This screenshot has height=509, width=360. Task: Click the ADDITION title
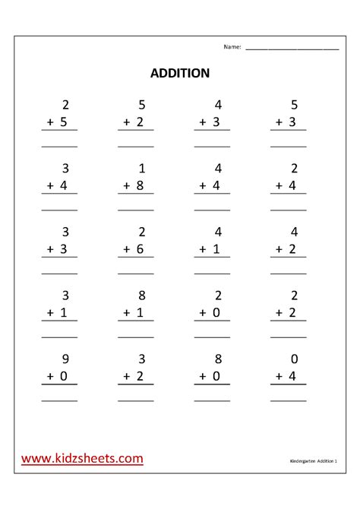179,74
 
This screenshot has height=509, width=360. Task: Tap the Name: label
232,47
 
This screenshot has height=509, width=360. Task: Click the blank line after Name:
292,49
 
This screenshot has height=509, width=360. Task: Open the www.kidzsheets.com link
82,458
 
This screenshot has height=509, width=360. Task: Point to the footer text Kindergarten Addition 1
314,461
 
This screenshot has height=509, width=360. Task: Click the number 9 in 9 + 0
65,359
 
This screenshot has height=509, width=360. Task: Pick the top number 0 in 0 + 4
295,359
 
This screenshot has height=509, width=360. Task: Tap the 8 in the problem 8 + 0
219,359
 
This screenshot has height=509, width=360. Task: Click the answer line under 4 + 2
289,273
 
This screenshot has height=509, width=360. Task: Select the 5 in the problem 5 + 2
142,105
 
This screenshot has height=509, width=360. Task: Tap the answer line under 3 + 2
136,400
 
